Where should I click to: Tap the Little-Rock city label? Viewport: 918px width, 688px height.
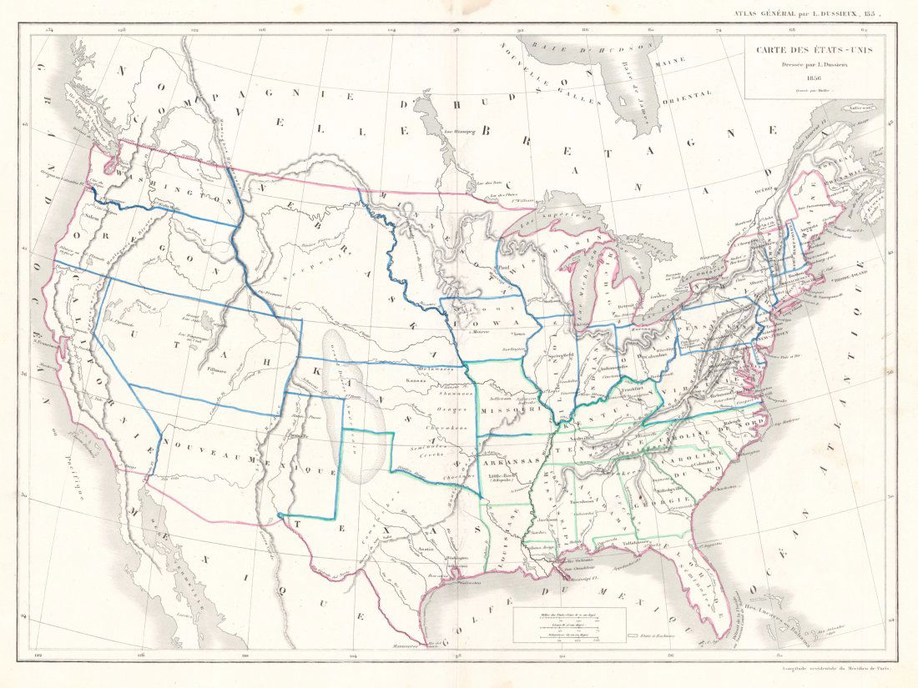pyautogui.click(x=501, y=477)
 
